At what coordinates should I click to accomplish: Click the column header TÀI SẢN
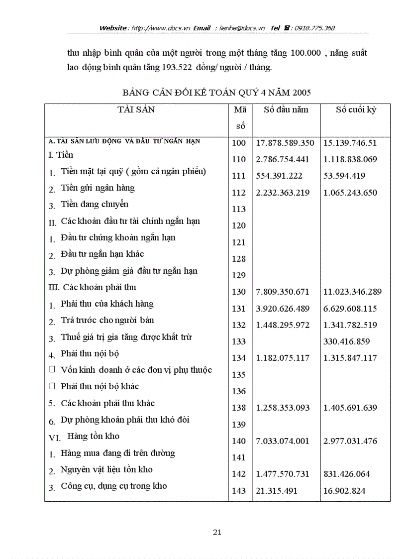point(136,110)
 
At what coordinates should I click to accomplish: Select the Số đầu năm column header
point(286,110)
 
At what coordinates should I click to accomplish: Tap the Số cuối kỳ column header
point(355,110)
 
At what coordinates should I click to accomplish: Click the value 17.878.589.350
point(285,143)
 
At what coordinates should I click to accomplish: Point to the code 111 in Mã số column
point(239,176)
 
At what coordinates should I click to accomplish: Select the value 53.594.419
point(344,176)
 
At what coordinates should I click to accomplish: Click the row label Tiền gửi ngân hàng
point(98,188)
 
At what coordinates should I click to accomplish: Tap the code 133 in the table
point(239,341)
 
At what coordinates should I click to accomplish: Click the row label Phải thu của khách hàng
point(107,304)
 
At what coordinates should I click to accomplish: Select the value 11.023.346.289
point(355,292)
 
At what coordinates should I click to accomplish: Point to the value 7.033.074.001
point(283,441)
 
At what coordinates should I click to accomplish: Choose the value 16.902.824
point(344,490)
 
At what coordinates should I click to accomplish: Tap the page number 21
point(216,532)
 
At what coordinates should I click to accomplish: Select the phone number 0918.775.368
point(314,28)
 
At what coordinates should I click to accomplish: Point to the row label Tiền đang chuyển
point(95,205)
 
